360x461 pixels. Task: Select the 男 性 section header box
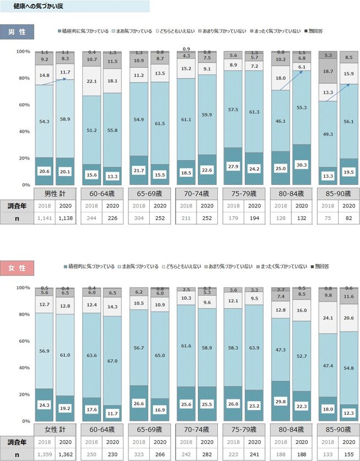coord(16,31)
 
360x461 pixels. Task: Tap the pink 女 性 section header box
coord(16,268)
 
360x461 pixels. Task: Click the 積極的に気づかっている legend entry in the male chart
coord(83,31)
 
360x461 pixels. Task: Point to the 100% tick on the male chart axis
coord(23,52)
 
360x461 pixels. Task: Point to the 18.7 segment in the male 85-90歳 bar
coord(328,71)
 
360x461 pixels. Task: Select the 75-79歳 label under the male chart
coord(243,194)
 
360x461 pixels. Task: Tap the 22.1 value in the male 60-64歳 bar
coord(91,81)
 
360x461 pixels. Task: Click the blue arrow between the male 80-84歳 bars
coord(290,80)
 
